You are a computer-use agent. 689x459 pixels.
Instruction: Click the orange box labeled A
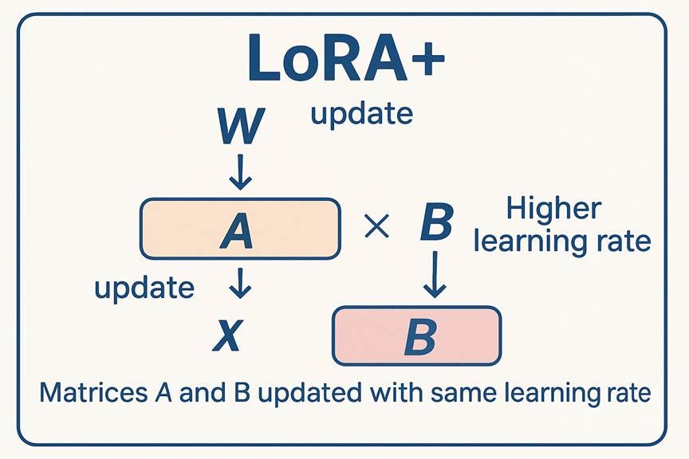coord(240,229)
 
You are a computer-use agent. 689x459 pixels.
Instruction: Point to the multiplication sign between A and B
coord(376,229)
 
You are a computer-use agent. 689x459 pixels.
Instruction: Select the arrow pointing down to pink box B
coord(432,275)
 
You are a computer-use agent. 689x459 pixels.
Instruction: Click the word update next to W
coord(361,115)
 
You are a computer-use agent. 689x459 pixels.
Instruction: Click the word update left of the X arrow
coord(144,288)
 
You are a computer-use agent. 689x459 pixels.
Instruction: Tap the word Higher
coord(553,210)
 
